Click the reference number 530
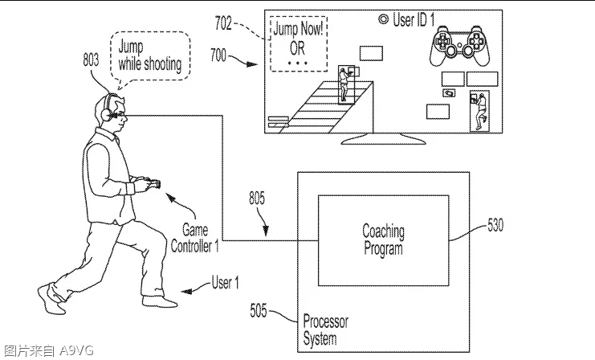tap(495, 226)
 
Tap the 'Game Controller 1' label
tap(194, 239)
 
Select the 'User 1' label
tap(225, 282)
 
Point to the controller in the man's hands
tap(149, 186)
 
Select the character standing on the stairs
tap(346, 85)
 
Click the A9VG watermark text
tap(48, 350)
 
